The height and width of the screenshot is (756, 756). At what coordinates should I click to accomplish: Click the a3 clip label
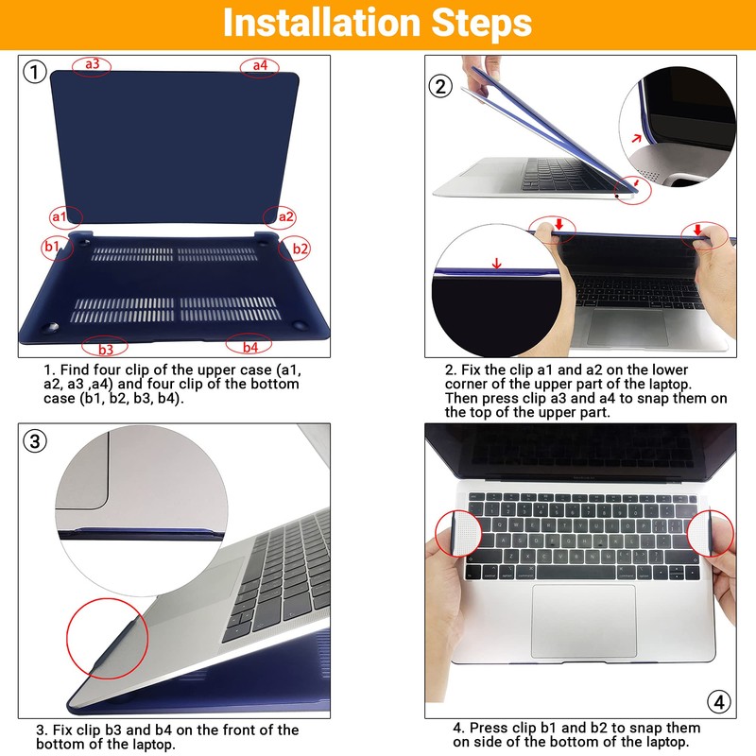(x=92, y=63)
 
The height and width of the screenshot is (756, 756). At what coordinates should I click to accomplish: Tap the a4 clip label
(x=260, y=64)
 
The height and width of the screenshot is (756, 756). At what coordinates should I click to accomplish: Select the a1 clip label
(x=59, y=216)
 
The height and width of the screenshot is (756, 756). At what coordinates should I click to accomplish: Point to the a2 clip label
(x=286, y=216)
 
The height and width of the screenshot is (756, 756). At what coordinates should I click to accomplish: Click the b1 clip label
(x=52, y=247)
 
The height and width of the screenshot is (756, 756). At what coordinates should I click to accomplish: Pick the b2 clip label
(x=300, y=249)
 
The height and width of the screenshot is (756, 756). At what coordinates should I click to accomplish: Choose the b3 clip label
(x=106, y=349)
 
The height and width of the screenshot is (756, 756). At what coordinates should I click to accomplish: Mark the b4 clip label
(x=250, y=347)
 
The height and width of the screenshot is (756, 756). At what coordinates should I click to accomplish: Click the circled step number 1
(x=35, y=73)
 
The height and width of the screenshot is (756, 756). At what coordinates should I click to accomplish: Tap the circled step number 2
(x=440, y=87)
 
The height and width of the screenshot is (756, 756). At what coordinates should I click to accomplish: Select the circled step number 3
(x=35, y=441)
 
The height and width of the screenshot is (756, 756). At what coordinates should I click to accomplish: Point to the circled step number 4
(x=719, y=702)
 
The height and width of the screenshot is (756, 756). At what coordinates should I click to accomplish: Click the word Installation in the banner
(x=322, y=22)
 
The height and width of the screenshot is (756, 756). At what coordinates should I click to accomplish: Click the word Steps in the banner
(x=482, y=23)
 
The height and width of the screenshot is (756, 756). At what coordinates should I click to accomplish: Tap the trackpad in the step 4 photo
(x=583, y=621)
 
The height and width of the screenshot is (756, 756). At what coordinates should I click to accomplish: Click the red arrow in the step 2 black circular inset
(x=497, y=264)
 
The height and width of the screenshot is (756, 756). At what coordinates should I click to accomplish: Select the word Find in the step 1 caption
(x=75, y=369)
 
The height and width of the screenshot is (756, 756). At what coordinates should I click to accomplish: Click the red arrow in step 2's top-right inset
(x=637, y=138)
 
